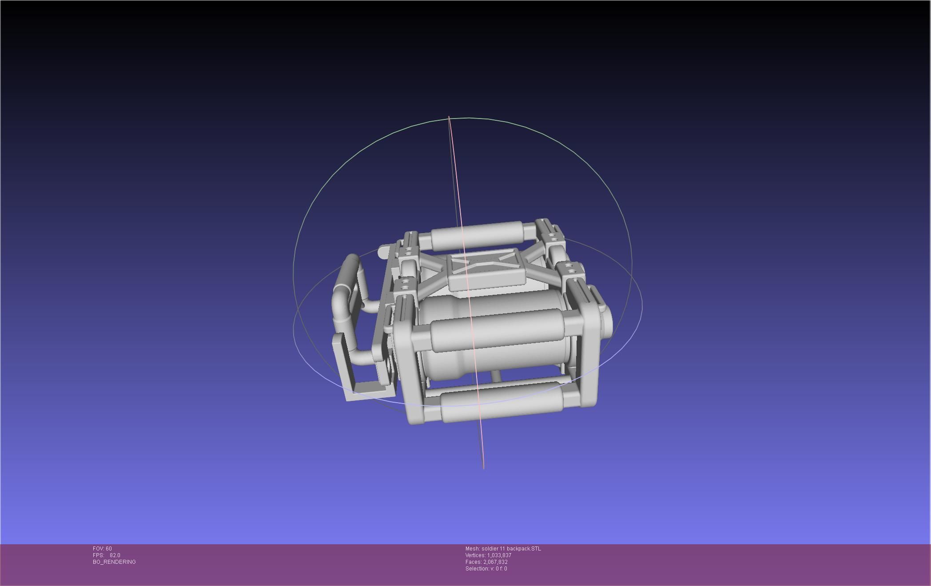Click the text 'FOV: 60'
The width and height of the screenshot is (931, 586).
102,549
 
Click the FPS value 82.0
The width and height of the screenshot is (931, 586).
115,555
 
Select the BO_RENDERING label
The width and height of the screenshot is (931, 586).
114,562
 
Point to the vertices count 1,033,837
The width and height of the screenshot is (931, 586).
499,555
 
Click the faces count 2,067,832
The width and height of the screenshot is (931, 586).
495,562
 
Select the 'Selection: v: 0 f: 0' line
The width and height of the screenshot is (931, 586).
486,569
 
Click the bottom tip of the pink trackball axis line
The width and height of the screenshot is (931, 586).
483,467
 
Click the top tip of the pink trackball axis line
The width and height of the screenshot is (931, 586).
449,117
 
